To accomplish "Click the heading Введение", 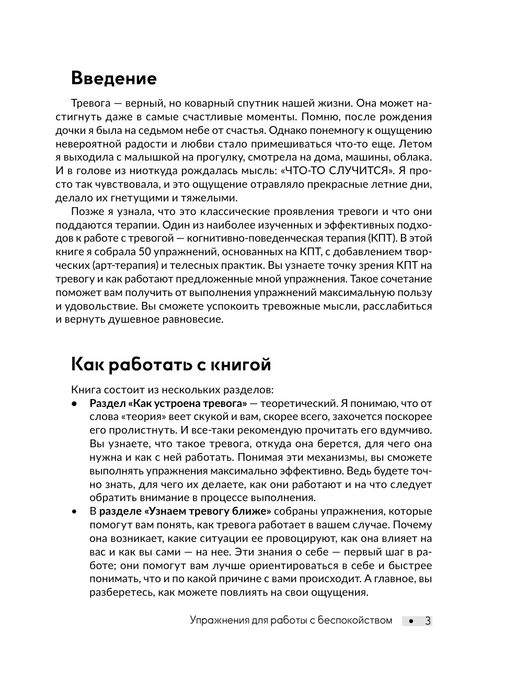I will click(x=113, y=78).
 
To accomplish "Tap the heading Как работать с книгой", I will click(x=170, y=365).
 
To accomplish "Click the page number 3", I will click(x=428, y=621).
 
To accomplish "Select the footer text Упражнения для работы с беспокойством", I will click(x=291, y=620).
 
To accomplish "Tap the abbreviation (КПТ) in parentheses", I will click(x=371, y=239).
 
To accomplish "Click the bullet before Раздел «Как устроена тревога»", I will click(x=74, y=404).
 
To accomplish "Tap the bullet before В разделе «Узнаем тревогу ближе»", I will click(x=74, y=512).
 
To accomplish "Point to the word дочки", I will click(x=70, y=130).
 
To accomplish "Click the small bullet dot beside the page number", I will click(x=411, y=621).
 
